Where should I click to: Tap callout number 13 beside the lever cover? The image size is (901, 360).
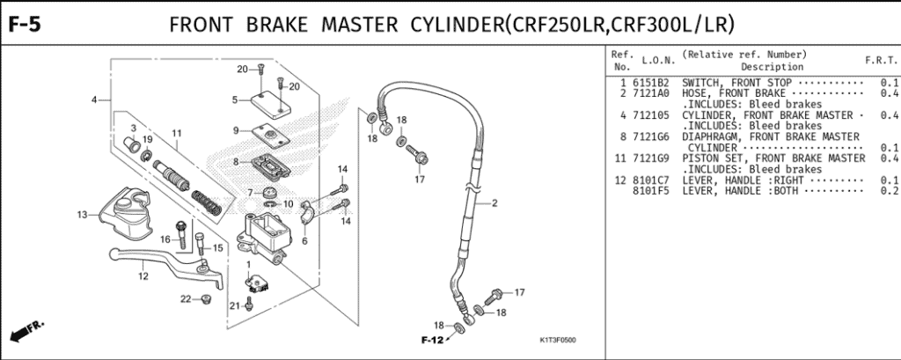(x=82, y=214)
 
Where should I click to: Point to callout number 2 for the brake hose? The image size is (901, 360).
(x=494, y=203)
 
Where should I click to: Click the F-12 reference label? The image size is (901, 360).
(x=429, y=340)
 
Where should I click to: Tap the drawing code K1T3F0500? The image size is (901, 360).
(x=563, y=341)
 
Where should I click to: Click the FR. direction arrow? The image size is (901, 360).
(x=26, y=333)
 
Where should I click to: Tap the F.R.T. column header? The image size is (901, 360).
(x=880, y=60)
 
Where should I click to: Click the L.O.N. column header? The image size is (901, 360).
(x=658, y=60)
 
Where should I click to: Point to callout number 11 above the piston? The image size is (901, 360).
(x=176, y=134)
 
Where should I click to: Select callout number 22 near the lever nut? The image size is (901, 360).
(x=186, y=299)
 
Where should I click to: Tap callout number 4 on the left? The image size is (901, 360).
(x=93, y=99)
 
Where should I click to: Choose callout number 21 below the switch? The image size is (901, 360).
(x=235, y=305)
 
